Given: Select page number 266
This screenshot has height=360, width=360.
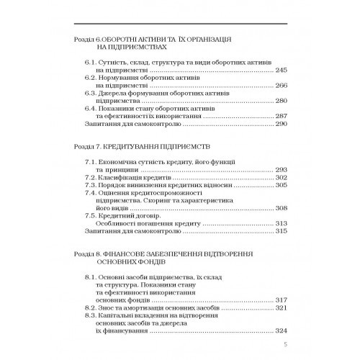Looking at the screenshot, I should (282, 86).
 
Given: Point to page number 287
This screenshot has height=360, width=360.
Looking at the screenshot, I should (282, 117).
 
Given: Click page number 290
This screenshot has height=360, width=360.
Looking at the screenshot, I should (282, 125).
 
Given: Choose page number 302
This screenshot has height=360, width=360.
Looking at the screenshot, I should (282, 177).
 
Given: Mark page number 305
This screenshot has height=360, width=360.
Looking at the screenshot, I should (282, 185).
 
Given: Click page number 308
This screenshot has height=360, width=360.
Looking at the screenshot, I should (282, 207).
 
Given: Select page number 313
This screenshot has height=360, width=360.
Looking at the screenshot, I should (282, 223).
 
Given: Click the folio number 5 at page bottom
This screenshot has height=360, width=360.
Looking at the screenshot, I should (286, 345).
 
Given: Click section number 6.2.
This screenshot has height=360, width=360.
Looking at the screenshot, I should (91, 78).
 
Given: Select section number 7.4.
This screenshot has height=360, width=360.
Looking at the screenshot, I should (91, 193).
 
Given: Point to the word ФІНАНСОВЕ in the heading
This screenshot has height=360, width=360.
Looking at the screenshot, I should (138, 253).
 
